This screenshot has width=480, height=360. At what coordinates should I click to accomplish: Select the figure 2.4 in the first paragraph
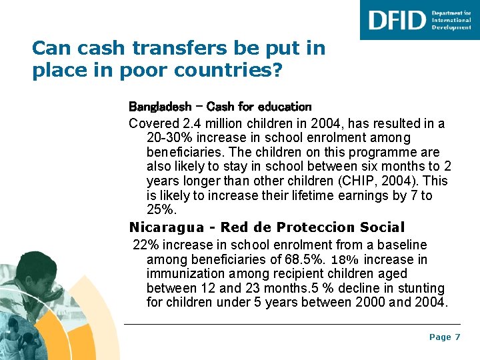pyautogui.click(x=189, y=123)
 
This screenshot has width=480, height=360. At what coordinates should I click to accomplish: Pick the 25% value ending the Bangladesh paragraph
pyautogui.click(x=161, y=211)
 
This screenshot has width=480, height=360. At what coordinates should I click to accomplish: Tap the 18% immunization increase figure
pyautogui.click(x=345, y=259)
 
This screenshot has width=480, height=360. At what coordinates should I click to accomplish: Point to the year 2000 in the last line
pyautogui.click(x=368, y=303)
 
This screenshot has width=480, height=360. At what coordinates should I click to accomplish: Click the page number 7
pyautogui.click(x=457, y=337)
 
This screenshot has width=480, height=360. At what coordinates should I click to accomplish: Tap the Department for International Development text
pyautogui.click(x=451, y=20)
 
